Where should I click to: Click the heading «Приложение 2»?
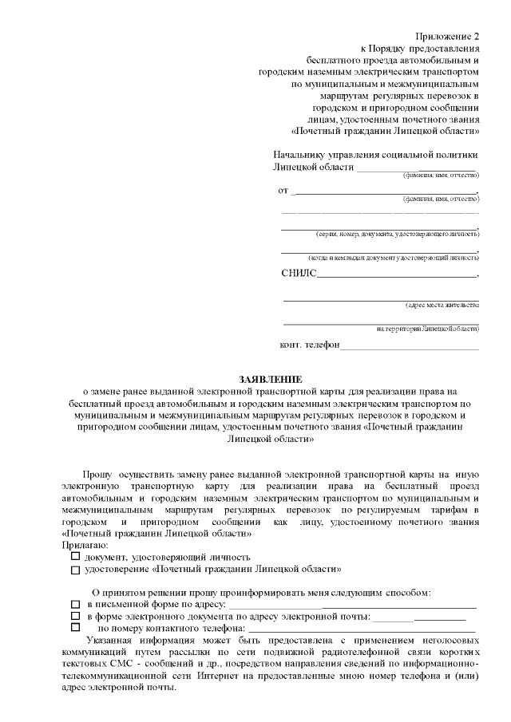point(450,37)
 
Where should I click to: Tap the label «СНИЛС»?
point(299,274)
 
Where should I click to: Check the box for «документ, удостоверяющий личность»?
point(75,556)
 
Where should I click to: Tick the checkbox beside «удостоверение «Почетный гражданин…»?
point(75,570)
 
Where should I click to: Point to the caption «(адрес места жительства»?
point(442,306)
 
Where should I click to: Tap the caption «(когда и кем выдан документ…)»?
point(394,258)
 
